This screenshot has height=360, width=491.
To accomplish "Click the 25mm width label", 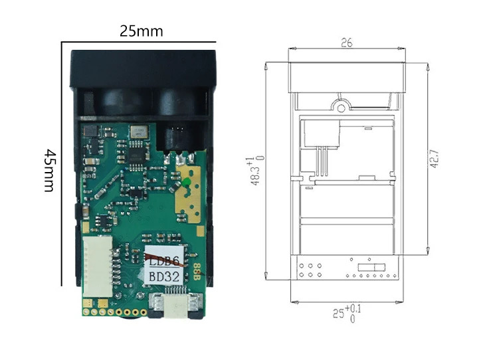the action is pos(142,31).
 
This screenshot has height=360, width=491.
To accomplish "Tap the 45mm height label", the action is pos(49,171).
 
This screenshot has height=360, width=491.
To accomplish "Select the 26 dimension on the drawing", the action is pos(347,43).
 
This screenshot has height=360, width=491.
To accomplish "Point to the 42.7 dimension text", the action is pos(435,159).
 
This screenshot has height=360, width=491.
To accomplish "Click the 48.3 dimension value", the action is pos(256,175).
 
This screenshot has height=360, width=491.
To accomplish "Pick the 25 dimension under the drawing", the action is pos(338,314).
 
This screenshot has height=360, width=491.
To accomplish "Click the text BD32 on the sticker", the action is pos(164,277).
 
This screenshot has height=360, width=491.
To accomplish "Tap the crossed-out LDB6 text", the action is pos(164,261).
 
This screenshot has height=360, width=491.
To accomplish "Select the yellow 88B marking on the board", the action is pos(197,272).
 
